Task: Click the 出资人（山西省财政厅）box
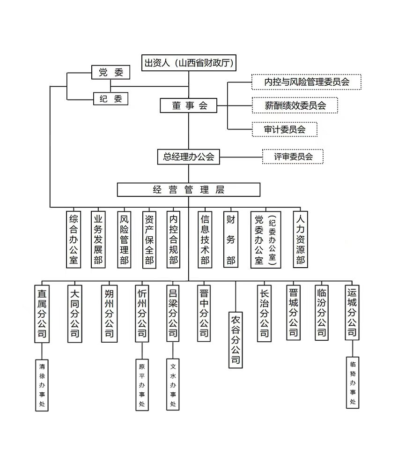pyautogui.click(x=189, y=63)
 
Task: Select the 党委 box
pyautogui.click(x=111, y=73)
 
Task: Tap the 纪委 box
pyautogui.click(x=111, y=99)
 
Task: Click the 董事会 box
pyautogui.click(x=189, y=105)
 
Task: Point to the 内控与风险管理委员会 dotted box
pyautogui.click(x=307, y=82)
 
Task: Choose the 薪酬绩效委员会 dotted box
pyautogui.click(x=295, y=105)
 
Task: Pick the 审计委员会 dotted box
pyautogui.click(x=284, y=129)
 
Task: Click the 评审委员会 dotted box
pyautogui.click(x=293, y=157)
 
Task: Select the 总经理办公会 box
pyautogui.click(x=189, y=157)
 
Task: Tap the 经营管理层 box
pyautogui.click(x=189, y=189)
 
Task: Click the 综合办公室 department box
pyautogui.click(x=74, y=239)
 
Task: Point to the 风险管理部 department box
pyautogui.click(x=124, y=239)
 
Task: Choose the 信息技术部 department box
pyautogui.click(x=205, y=239)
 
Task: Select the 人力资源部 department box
pyautogui.click(x=301, y=239)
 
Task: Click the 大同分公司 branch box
pyautogui.click(x=74, y=313)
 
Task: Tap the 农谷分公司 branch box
pyautogui.click(x=236, y=339)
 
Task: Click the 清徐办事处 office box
pyautogui.click(x=43, y=385)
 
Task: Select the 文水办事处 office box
pyautogui.click(x=173, y=385)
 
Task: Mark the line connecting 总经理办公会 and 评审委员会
pyautogui.click(x=241, y=157)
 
